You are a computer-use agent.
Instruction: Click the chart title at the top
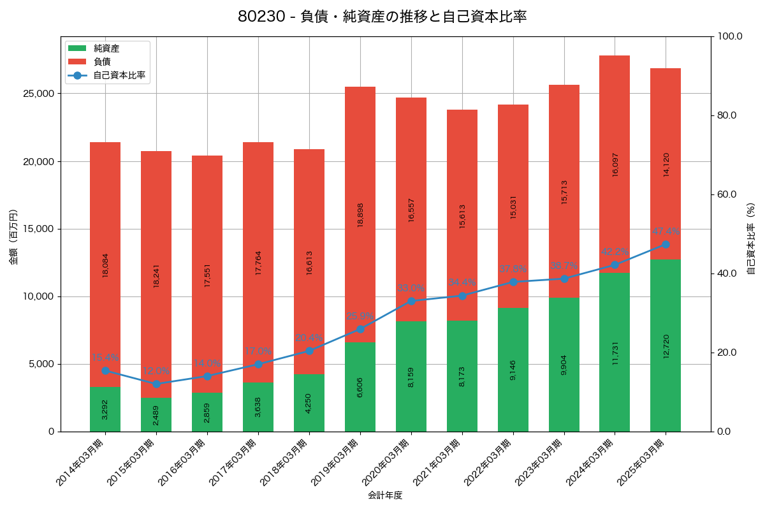(x=382, y=17)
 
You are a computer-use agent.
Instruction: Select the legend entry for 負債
(x=102, y=61)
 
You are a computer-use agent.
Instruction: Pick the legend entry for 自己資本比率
(x=115, y=75)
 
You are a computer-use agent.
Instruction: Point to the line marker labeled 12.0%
(x=156, y=384)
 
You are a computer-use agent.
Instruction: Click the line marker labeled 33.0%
(x=411, y=301)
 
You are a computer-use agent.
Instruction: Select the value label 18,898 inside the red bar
(x=360, y=215)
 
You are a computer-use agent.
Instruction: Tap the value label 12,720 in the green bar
(x=666, y=346)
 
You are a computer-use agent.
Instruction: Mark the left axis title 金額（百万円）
(x=13, y=237)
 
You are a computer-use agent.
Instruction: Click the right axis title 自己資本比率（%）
(x=751, y=237)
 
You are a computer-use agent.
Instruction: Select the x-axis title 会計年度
(x=385, y=495)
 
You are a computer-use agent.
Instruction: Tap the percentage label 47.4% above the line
(x=666, y=231)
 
